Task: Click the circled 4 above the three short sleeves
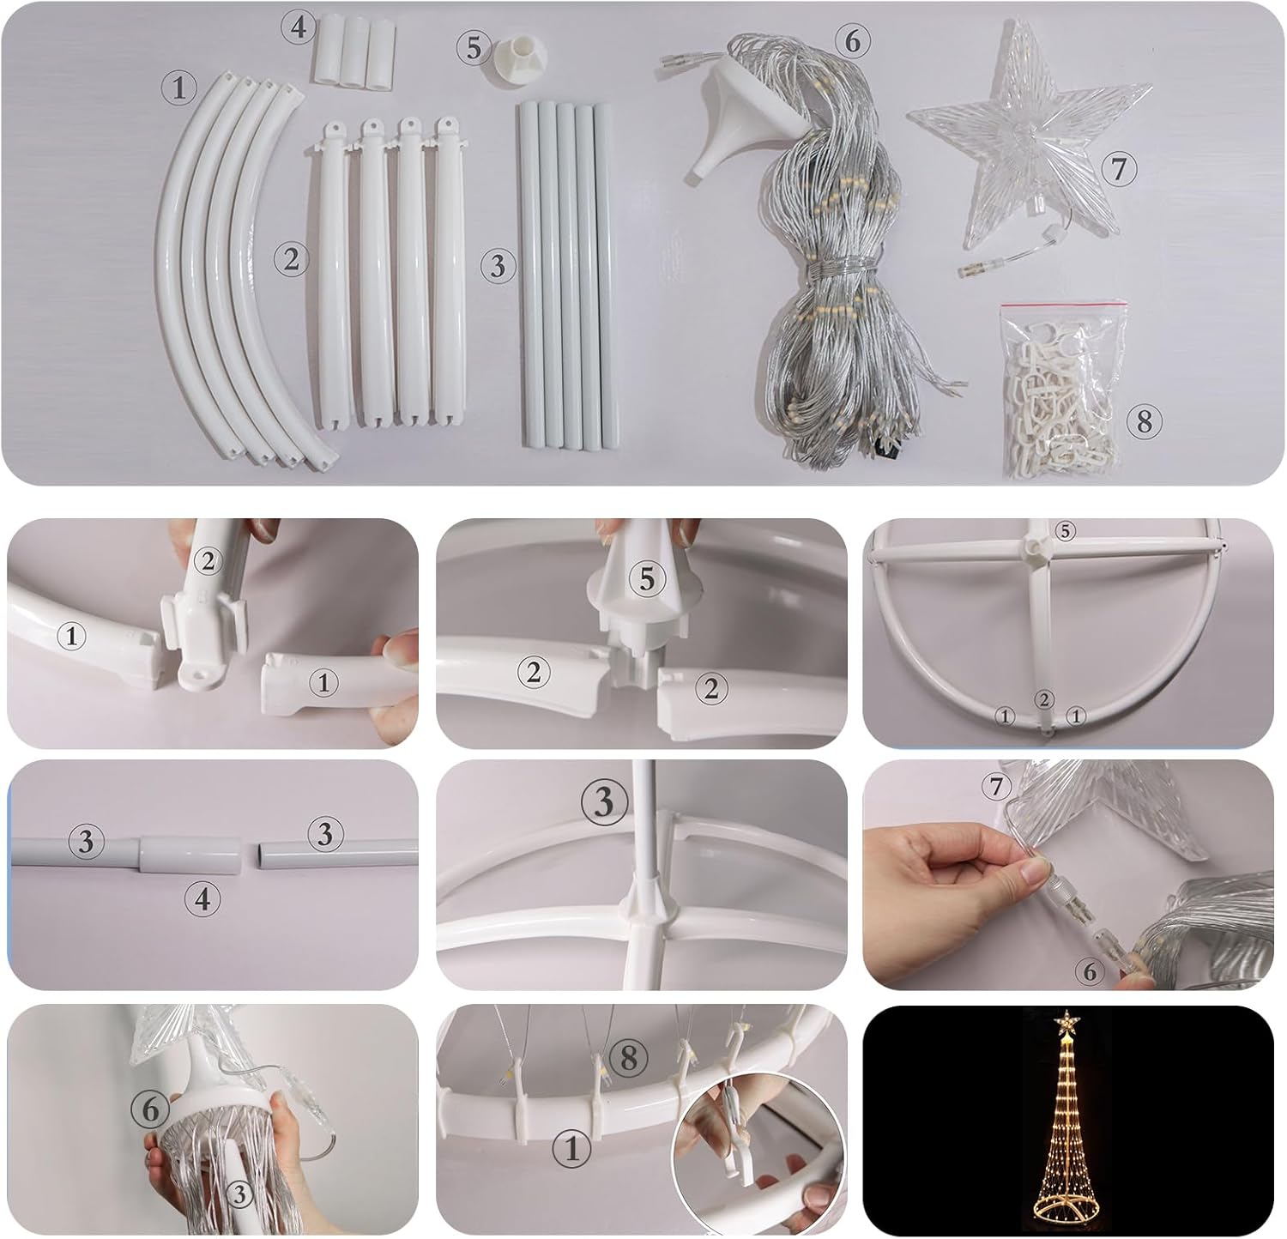(298, 27)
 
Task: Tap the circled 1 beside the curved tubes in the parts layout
(178, 88)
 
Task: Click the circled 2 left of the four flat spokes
(291, 258)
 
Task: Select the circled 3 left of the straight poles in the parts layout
(498, 266)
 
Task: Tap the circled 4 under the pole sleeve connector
(202, 898)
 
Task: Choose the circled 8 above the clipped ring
(630, 1058)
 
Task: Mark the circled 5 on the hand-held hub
(646, 579)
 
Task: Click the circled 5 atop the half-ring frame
(1064, 531)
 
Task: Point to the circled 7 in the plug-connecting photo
(995, 786)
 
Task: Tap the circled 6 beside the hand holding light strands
(151, 1109)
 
